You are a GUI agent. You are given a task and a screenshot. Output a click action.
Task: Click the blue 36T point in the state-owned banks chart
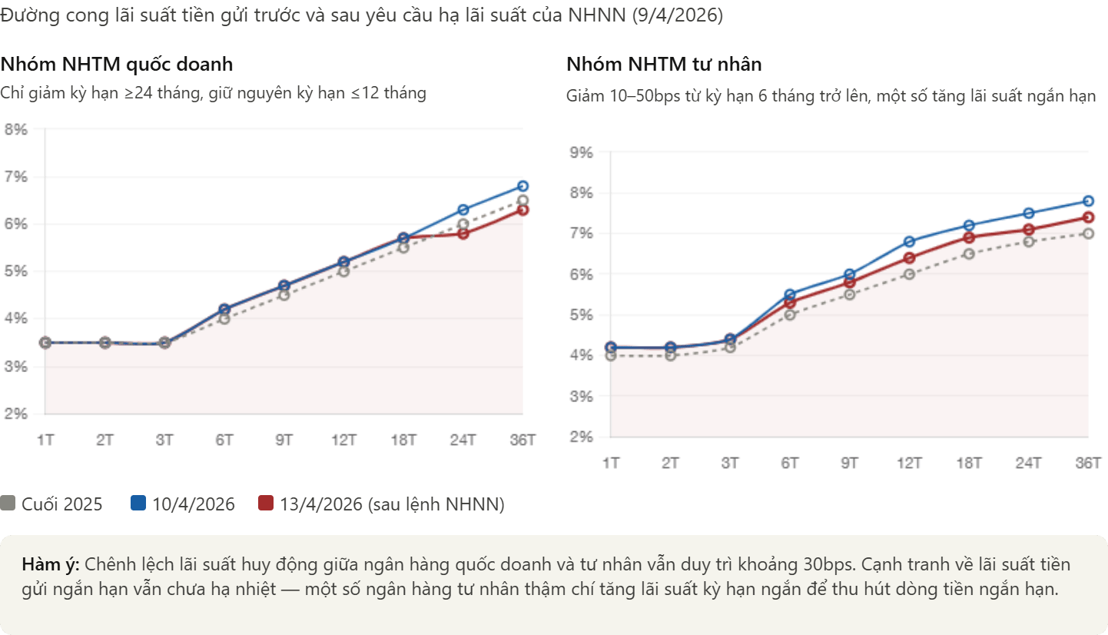(522, 186)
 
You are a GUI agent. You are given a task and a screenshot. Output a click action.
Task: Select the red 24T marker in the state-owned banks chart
(463, 234)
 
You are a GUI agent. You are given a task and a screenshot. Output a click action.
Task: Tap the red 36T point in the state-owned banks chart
(522, 210)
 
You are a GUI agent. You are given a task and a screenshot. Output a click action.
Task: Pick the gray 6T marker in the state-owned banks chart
(224, 319)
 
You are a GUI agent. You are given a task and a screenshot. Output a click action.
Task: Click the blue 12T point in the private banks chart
(909, 241)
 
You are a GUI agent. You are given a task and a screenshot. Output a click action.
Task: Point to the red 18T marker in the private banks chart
(969, 238)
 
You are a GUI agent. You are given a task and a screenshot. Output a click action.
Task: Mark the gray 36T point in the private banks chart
(1088, 234)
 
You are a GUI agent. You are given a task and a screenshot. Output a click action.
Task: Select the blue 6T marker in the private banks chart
(790, 294)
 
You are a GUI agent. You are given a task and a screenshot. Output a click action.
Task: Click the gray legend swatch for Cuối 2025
(8, 503)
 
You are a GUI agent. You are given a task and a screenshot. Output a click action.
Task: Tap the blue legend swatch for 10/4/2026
(138, 503)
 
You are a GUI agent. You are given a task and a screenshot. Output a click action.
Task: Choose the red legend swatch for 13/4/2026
(266, 503)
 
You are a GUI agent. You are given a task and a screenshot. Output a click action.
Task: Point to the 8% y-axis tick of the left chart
(16, 129)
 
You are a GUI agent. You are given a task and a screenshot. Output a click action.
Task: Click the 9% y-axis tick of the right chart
(581, 152)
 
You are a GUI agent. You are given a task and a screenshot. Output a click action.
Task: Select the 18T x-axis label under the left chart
(403, 440)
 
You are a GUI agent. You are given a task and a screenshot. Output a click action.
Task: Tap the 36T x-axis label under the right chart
(1088, 463)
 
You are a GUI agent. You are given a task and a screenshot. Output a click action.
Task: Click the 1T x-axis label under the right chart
(611, 463)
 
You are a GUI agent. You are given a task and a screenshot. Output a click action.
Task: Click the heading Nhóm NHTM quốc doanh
(117, 65)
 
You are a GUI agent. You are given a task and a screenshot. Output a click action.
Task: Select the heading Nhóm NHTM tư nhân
(664, 65)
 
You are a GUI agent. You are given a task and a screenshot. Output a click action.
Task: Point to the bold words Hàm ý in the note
(51, 564)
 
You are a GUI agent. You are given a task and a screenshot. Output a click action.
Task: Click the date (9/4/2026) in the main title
(677, 15)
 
